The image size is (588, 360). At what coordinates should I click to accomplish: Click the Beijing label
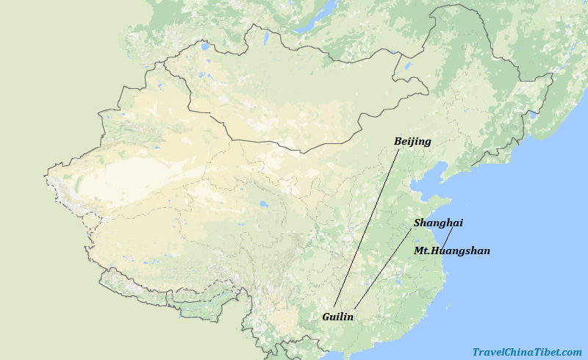click(x=412, y=141)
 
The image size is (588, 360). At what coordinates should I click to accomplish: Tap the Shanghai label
click(x=438, y=223)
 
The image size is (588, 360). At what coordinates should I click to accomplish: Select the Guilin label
click(x=338, y=317)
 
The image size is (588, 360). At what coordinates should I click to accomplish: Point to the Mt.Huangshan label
click(x=451, y=251)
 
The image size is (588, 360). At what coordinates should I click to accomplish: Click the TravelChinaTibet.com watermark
click(x=527, y=353)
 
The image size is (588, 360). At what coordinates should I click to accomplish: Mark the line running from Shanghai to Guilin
click(x=383, y=267)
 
